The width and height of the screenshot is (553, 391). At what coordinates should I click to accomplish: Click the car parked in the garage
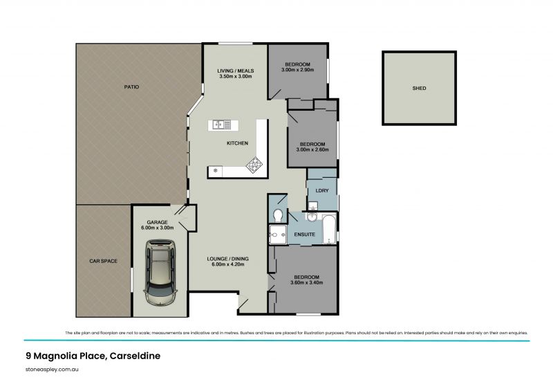coord(160,271)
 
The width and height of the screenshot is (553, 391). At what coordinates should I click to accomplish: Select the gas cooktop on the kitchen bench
coord(254,165)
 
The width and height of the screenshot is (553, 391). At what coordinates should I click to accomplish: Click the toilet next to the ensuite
coord(278,215)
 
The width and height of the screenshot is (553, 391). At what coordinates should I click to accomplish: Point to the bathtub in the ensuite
coord(328,229)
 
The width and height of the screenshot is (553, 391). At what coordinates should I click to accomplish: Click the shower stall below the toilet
coord(278,235)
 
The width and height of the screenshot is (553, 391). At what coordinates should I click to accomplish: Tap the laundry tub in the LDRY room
coord(312,206)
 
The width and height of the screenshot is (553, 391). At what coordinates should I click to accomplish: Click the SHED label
coord(419,89)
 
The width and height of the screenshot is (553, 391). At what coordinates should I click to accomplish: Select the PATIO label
coord(131,87)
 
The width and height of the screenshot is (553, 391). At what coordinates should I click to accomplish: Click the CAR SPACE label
coord(103,261)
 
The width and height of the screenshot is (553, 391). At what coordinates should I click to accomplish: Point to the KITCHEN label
coord(237,143)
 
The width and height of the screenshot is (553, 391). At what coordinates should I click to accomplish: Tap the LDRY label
coord(321,190)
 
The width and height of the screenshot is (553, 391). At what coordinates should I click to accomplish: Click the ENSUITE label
coord(305,235)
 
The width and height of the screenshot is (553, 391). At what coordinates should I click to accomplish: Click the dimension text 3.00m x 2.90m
coord(297,70)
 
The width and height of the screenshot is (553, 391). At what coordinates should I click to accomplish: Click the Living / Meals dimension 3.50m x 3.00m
coord(235,76)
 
